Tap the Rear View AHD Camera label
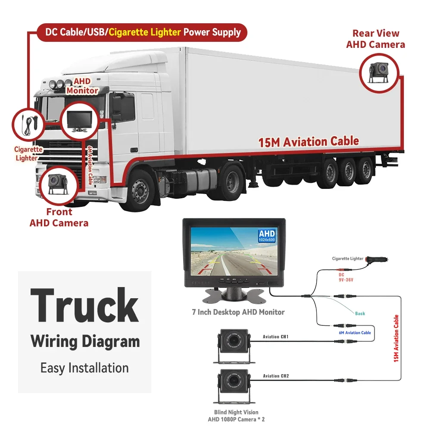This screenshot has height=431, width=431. click(375, 39)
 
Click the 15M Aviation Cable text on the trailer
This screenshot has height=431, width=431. click(309, 141)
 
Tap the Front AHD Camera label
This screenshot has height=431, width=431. click(59, 218)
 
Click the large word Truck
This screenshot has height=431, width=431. click(84, 306)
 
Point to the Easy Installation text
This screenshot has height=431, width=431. click(84, 368)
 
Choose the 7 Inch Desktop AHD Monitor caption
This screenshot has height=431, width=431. click(238, 312)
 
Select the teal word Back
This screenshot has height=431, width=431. click(360, 313)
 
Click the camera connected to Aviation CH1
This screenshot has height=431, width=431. click(232, 343)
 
